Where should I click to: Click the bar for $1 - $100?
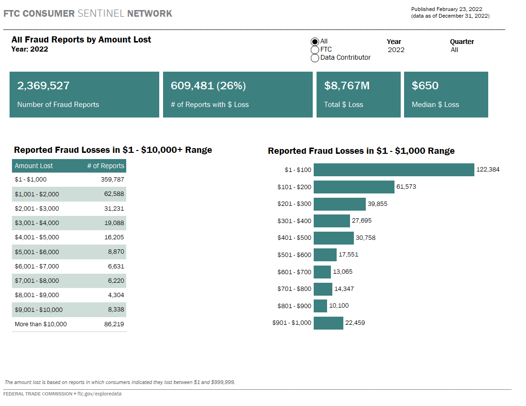coord(394,170)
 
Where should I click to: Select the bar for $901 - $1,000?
coord(329,323)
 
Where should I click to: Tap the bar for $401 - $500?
coord(333,238)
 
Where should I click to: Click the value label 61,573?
coord(406,187)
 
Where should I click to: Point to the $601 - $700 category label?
coord(294,272)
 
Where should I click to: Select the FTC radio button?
coord(315,50)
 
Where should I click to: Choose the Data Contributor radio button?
coord(315,58)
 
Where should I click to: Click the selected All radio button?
coord(315,42)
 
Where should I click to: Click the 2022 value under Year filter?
coord(396,50)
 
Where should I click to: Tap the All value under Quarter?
coord(454,50)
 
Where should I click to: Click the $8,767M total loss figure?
coord(347,86)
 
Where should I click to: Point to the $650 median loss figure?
coord(425,86)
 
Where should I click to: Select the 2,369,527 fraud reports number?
coord(44,86)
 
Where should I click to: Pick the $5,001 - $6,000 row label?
coord(37,252)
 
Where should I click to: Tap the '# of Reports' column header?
coord(105,166)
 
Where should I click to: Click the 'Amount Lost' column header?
coord(33,166)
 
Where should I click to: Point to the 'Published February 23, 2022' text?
coord(446,9)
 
